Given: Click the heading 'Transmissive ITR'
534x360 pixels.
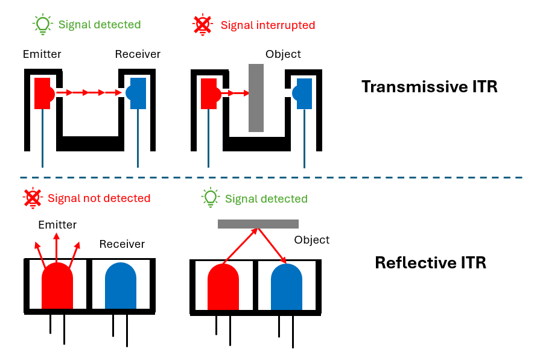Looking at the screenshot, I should tap(429, 86).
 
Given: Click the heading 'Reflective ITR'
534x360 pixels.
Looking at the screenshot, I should tap(430, 263).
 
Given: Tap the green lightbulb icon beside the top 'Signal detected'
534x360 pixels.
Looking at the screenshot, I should tap(42, 24).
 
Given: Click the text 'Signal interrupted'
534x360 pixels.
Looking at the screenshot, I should tap(268, 25).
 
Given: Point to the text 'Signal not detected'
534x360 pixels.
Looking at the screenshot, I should tap(99, 198).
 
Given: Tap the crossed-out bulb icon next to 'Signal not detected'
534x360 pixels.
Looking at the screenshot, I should tap(32, 198).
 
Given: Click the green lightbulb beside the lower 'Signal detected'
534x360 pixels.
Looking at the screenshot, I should tap(210, 198).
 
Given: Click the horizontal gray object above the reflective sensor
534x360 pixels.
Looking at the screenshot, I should tap(258, 224).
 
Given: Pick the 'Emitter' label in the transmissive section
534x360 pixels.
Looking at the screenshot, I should tap(42, 54).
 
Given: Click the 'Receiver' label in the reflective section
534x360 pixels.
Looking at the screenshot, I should tap(122, 244).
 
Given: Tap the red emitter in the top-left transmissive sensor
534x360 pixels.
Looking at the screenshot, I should tap(43, 93).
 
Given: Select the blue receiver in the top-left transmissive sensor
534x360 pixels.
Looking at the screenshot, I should tap(137, 93).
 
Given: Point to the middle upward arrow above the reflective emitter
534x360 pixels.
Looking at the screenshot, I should tap(57, 247).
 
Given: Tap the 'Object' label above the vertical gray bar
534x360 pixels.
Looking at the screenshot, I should tap(283, 54).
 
